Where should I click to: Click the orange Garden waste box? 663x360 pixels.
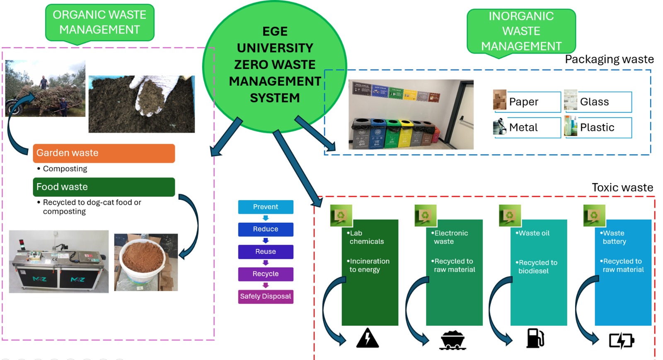(x=104, y=153)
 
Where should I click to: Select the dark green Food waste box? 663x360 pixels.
(x=104, y=187)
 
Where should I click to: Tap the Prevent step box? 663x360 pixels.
(x=266, y=207)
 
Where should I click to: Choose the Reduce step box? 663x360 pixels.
(x=266, y=229)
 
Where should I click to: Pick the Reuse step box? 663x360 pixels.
(x=266, y=251)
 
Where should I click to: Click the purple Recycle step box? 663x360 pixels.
(x=266, y=274)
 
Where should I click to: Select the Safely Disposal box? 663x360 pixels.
(x=266, y=297)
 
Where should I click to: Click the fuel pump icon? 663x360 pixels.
(x=535, y=338)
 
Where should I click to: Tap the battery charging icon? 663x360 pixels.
(x=621, y=341)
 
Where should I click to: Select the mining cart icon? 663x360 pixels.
(x=452, y=340)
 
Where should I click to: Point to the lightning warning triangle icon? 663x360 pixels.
(x=367, y=338)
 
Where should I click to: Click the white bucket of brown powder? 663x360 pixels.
(x=142, y=261)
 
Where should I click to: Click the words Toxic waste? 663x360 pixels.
(x=622, y=188)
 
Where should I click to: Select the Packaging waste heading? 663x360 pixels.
(x=609, y=59)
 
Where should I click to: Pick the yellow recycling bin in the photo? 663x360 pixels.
(x=404, y=133)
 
